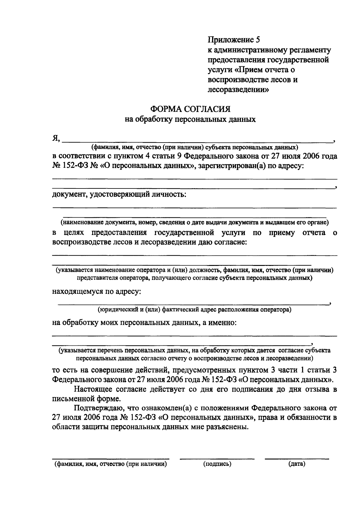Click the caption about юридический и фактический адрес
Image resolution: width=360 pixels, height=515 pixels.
[x=194, y=309]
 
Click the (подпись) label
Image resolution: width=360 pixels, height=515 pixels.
[x=217, y=464]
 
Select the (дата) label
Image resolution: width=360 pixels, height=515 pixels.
[x=297, y=464]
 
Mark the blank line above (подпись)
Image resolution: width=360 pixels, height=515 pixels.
[x=217, y=459]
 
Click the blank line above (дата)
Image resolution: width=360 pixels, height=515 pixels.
[x=297, y=459]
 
